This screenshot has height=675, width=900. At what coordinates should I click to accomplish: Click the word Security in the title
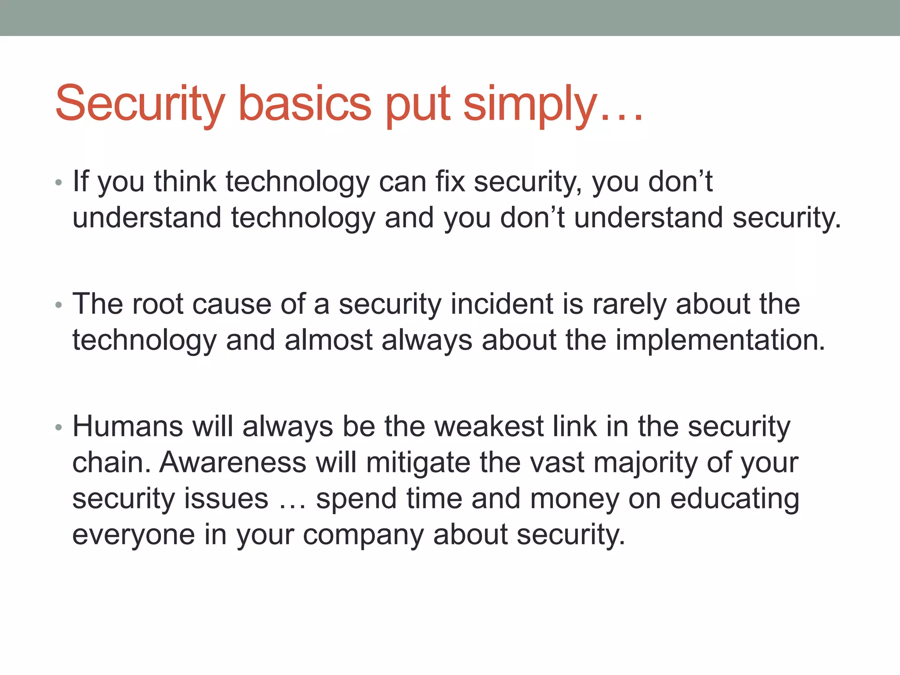click(140, 104)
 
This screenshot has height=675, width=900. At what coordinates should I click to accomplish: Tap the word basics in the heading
click(305, 104)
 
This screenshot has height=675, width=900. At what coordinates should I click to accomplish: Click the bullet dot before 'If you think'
click(59, 182)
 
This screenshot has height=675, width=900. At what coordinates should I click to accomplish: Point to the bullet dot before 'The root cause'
click(59, 305)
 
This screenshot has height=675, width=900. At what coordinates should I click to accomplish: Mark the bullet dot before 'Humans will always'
click(59, 427)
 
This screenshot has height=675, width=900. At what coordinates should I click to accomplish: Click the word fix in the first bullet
click(450, 181)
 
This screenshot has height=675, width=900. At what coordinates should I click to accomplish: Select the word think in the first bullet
click(185, 181)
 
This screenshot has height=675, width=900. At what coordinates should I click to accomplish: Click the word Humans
click(127, 426)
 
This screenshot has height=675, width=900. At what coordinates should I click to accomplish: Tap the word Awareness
click(232, 462)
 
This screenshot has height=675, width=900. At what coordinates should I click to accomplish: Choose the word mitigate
click(417, 463)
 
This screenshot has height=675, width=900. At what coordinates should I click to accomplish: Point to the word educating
click(735, 499)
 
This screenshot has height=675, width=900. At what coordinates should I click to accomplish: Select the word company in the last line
click(363, 535)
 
